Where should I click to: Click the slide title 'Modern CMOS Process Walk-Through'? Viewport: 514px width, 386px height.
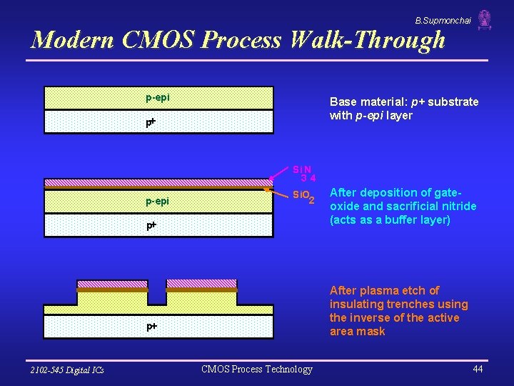pos(238,39)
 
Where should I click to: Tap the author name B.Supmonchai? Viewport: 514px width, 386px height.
pos(443,21)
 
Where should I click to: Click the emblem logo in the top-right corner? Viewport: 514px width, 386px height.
pos(485,19)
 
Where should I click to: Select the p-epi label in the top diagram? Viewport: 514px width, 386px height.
pos(157,97)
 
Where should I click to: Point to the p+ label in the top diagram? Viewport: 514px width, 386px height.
pos(151,122)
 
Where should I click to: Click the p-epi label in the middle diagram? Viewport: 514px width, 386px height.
pos(157,201)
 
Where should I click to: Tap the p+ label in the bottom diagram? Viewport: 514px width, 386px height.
pos(151,326)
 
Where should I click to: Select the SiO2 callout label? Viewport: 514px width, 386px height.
pos(303,196)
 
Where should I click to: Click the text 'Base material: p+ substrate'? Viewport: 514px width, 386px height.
pos(404,102)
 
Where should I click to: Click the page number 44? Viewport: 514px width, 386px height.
pos(478,369)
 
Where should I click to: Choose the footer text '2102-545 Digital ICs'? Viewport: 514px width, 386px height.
pos(67,370)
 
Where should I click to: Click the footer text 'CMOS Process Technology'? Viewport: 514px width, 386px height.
pos(257,369)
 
